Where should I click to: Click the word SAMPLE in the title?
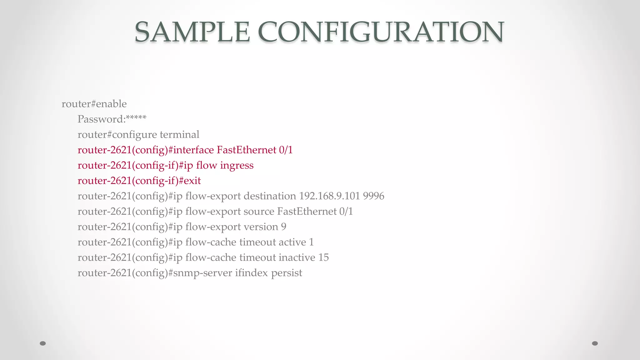(x=192, y=32)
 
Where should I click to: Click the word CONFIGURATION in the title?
(x=381, y=32)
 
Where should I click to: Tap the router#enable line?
(x=94, y=104)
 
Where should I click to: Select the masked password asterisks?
(x=136, y=118)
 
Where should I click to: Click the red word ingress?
(x=237, y=165)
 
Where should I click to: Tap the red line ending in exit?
(x=139, y=181)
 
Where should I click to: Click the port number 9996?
(x=373, y=196)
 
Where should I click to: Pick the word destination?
(x=269, y=196)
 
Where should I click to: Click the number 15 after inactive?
(x=323, y=257)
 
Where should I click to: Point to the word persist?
(x=287, y=273)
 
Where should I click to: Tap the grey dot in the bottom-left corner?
(x=43, y=343)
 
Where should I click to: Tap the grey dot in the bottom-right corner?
(x=595, y=343)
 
